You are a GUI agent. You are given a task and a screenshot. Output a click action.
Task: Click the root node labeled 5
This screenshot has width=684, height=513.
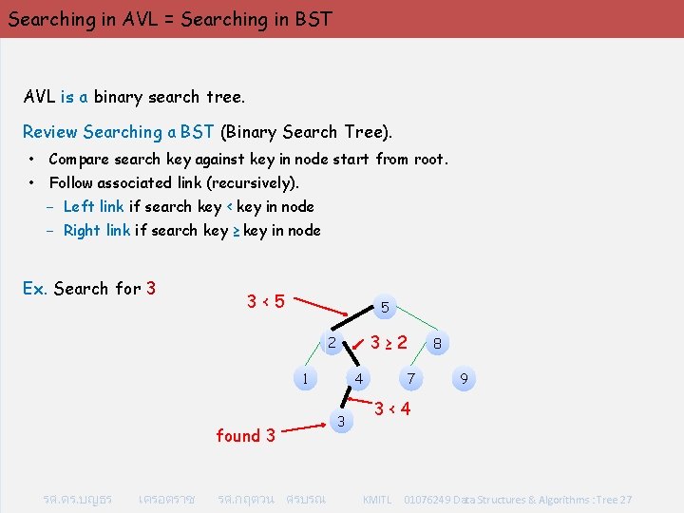coord(384,308)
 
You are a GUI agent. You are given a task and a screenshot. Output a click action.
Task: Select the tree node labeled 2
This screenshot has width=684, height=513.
coord(331,343)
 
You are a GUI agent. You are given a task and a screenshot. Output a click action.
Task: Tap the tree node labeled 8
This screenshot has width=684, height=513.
coord(436,344)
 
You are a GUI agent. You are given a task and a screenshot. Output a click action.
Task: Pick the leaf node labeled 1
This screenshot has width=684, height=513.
coord(304,378)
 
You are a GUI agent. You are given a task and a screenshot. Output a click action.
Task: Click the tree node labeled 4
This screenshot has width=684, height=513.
coord(358,379)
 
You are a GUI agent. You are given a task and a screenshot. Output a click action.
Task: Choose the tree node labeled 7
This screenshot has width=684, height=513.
coord(410,379)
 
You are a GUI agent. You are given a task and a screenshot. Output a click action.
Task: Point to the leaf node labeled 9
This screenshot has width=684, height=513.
coord(463,380)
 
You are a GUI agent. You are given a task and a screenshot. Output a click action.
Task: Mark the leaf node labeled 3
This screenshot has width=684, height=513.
coord(343,420)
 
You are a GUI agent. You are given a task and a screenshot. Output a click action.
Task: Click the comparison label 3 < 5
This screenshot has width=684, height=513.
coord(267,302)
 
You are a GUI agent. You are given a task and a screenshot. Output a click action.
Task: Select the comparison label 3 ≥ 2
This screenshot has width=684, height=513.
coord(389,341)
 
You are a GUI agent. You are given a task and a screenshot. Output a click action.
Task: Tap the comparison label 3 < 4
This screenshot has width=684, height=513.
coord(392,409)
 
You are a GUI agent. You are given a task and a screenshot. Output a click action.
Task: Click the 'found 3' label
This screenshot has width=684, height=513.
coord(245,436)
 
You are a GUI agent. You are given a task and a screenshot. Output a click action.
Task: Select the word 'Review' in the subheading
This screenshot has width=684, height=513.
coord(50,132)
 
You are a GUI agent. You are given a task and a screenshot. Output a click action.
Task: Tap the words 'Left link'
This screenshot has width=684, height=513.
coord(93,206)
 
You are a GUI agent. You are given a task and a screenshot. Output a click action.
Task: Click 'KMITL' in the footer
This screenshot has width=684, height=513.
coord(377,499)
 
